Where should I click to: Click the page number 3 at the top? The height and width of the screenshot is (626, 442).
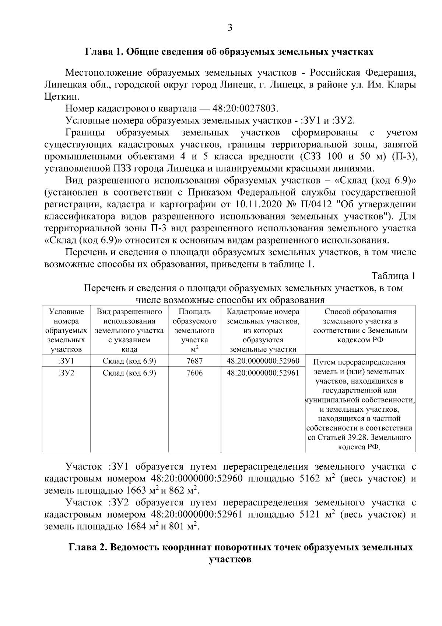pyautogui.click(x=230, y=28)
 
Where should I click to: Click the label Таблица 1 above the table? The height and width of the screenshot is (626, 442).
pyautogui.click(x=393, y=276)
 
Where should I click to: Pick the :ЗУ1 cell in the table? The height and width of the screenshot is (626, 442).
pyautogui.click(x=66, y=361)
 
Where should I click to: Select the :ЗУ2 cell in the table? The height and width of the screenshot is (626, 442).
pyautogui.click(x=66, y=373)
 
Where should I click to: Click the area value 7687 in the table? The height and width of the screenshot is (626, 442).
pyautogui.click(x=194, y=361)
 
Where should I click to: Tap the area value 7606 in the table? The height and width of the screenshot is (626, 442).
pyautogui.click(x=194, y=373)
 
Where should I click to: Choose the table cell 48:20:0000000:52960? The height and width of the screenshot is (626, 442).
pyautogui.click(x=263, y=361)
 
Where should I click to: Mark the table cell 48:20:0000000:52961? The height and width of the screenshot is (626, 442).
pyautogui.click(x=263, y=373)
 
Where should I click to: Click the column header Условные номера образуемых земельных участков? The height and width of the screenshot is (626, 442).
pyautogui.click(x=66, y=331)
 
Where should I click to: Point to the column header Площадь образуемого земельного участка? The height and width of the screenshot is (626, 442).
pyautogui.click(x=194, y=331)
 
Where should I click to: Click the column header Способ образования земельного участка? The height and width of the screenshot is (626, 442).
pyautogui.click(x=360, y=326)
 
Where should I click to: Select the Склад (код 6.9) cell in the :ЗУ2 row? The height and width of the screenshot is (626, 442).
pyautogui.click(x=129, y=373)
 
